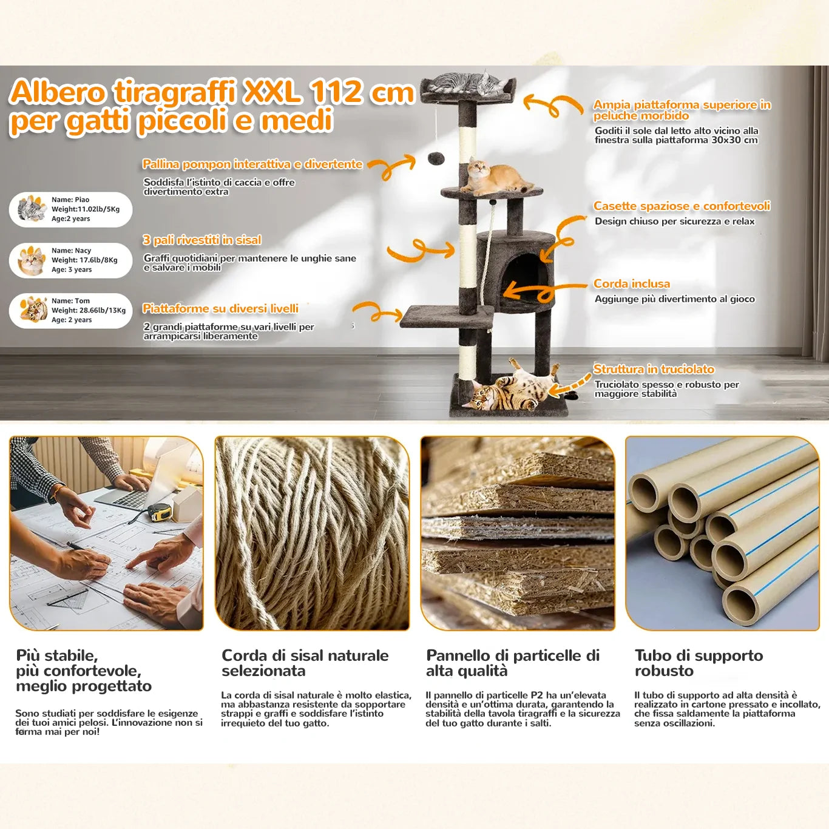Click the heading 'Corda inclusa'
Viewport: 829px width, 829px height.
(632, 283)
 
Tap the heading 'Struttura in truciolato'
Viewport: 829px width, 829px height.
(654, 369)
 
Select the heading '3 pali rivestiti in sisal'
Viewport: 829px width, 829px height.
(201, 240)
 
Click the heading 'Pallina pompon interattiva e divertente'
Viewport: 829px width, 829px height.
(252, 164)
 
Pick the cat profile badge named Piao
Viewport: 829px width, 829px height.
(70, 209)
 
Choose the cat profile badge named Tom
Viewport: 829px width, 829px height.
(70, 311)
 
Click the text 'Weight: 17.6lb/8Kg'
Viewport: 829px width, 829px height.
(84, 260)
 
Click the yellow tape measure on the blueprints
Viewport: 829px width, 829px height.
(160, 513)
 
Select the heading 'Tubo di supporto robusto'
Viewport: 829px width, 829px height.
(699, 663)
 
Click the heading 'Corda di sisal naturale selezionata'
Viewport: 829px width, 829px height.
(305, 663)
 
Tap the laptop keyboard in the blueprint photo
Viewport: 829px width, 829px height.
(125, 499)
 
